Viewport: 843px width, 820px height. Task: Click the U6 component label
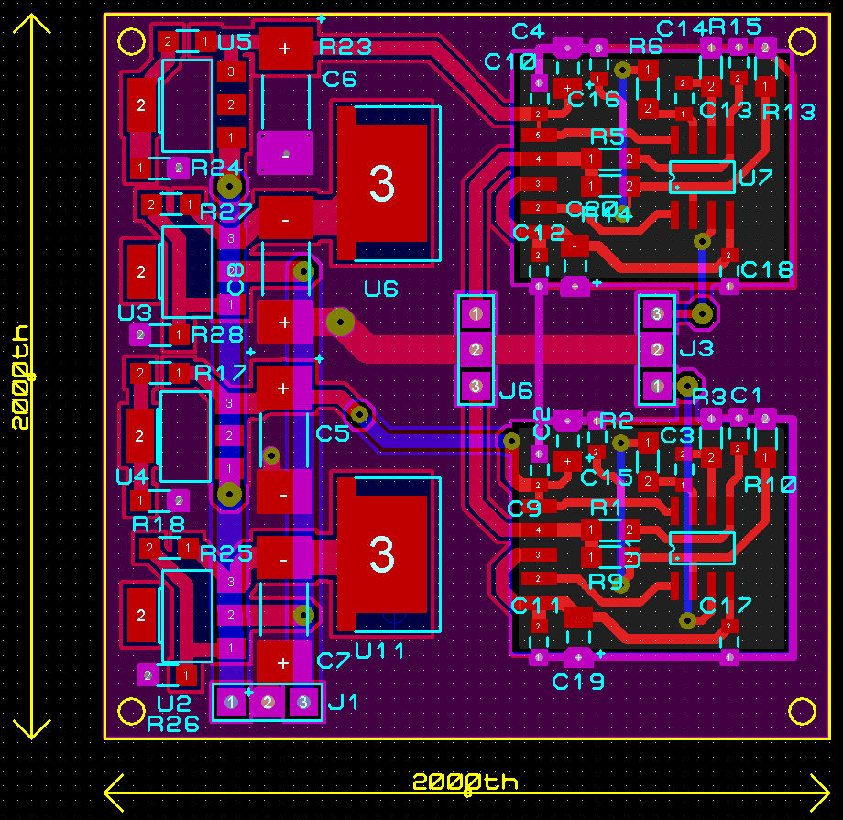click(x=381, y=290)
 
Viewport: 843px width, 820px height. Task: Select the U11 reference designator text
click(x=380, y=651)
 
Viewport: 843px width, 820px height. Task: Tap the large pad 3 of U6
click(x=381, y=184)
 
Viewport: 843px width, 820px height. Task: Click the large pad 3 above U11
click(x=381, y=554)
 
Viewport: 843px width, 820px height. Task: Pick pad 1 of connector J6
click(x=476, y=314)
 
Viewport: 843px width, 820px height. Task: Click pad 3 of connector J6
click(x=476, y=386)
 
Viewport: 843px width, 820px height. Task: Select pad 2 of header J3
click(x=657, y=349)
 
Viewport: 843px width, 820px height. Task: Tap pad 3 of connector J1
click(x=303, y=703)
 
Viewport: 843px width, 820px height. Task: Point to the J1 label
click(x=344, y=703)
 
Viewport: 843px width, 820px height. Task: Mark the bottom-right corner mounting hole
click(x=802, y=711)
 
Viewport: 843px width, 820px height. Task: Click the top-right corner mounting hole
click(x=803, y=41)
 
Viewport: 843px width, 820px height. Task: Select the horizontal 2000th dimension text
click(x=465, y=782)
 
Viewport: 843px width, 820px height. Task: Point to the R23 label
click(x=345, y=47)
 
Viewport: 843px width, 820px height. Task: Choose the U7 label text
click(x=756, y=178)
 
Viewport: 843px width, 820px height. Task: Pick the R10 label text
click(x=771, y=485)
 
